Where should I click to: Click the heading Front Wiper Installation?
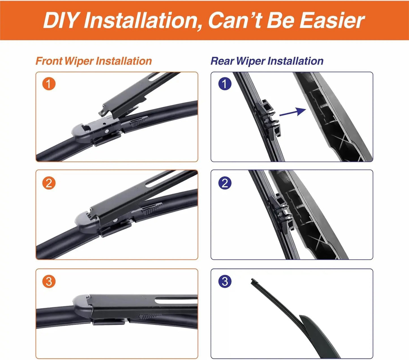click(94, 61)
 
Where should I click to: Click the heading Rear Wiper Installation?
click(267, 61)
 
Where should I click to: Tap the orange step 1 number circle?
click(49, 84)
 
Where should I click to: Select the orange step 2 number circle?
click(49, 183)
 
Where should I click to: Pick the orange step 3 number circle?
click(49, 282)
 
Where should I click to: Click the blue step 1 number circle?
click(225, 84)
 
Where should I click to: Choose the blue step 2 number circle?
click(225, 183)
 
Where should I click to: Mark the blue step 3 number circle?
click(225, 282)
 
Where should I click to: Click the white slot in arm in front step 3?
click(175, 301)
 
